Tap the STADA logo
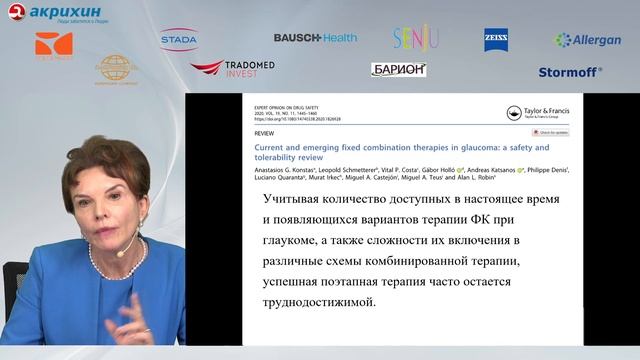(x=179, y=39)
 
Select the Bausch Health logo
(x=314, y=37)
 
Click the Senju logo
(x=415, y=39)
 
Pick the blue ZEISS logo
(x=496, y=39)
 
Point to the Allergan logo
(x=589, y=40)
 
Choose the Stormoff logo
(x=570, y=72)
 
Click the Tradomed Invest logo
(x=232, y=68)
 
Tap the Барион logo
(x=398, y=69)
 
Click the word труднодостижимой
(x=308, y=303)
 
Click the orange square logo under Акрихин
(x=54, y=45)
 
